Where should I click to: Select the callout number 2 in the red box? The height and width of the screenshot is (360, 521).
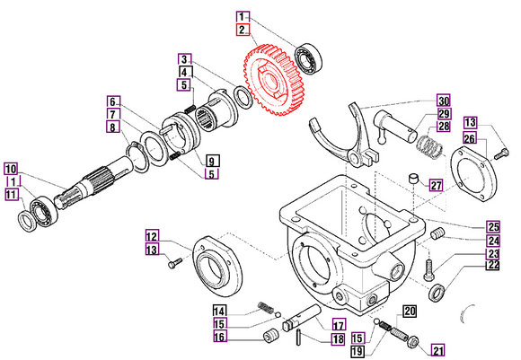click(x=243, y=30)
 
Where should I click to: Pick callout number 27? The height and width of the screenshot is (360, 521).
click(x=436, y=186)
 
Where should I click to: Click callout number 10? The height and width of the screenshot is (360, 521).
click(x=10, y=169)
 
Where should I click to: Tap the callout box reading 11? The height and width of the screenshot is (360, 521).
click(x=10, y=194)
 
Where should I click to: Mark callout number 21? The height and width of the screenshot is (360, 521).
click(x=437, y=350)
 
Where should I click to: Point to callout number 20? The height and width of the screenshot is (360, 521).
click(x=409, y=312)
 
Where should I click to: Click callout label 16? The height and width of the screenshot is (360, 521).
click(x=220, y=337)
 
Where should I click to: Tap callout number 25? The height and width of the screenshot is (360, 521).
click(x=493, y=225)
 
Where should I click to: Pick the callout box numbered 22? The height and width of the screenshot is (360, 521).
click(x=493, y=265)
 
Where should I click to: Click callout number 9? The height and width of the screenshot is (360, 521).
click(x=211, y=160)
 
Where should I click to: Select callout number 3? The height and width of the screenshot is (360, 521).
click(x=183, y=58)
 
